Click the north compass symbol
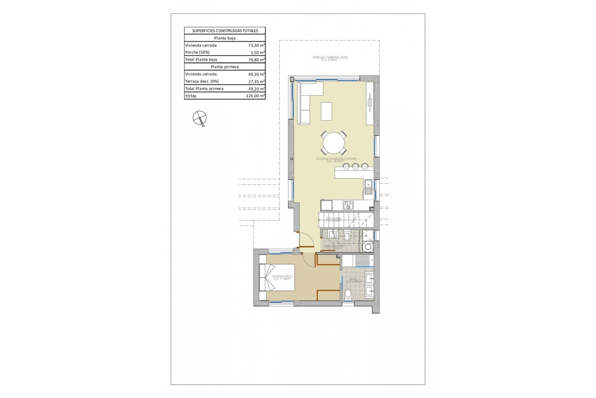tap(199, 118)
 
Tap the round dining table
tap(334, 143)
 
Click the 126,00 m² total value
tap(255, 96)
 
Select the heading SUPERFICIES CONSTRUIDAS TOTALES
tap(225, 31)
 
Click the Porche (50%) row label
tap(197, 52)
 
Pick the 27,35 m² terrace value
tap(256, 81)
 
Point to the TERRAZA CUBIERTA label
tap(330, 58)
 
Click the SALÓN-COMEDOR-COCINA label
tap(336, 159)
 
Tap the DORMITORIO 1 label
tap(282, 276)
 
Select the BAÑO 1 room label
tap(354, 280)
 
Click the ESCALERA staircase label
tap(333, 219)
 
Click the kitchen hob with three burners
tap(348, 205)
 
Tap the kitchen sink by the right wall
tap(368, 187)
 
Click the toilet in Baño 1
tap(348, 294)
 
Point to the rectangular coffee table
tap(326, 111)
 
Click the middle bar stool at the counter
tap(355, 166)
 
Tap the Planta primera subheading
tap(225, 67)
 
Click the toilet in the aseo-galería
tap(347, 236)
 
